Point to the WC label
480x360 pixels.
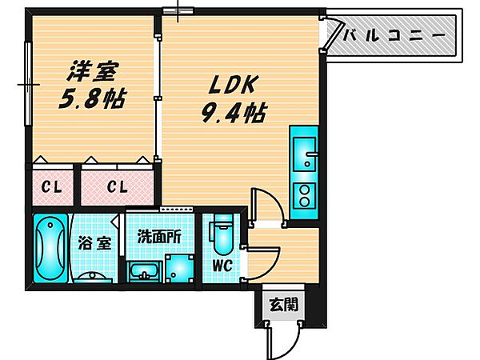point(222,265)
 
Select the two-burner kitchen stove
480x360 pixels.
point(305,194)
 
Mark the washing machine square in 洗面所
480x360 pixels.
point(180,266)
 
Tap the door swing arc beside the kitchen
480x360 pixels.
point(263,206)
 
